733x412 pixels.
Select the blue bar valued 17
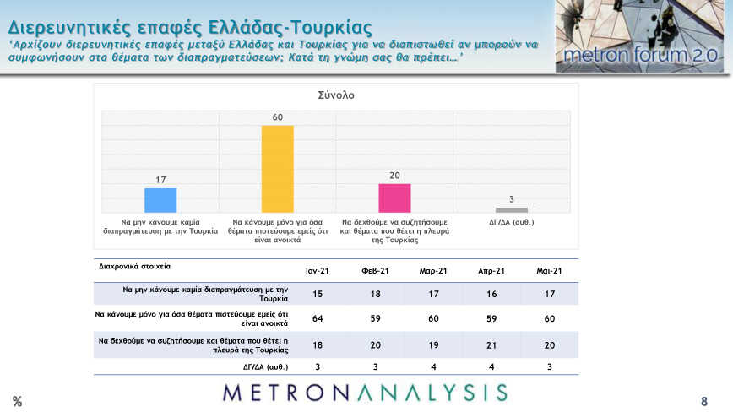(160, 200)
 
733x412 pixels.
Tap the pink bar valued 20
(394, 198)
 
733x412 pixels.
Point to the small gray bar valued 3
(511, 209)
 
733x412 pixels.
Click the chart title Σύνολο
(335, 95)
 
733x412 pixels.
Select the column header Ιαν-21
(317, 270)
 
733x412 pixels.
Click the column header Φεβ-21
(374, 270)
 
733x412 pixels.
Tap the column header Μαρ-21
(432, 270)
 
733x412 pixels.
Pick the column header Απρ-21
(491, 270)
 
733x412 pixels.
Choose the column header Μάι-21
(549, 270)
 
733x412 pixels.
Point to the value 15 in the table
(317, 293)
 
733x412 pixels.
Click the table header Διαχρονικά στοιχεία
(135, 266)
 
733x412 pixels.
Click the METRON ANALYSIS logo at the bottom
(366, 393)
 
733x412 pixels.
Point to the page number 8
(703, 400)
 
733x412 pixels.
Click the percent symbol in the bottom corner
(17, 400)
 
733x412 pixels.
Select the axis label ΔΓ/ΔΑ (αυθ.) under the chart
(512, 223)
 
